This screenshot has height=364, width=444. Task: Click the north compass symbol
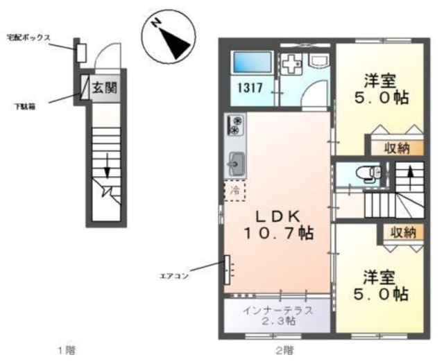[171, 40]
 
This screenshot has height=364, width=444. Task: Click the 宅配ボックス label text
[28, 37]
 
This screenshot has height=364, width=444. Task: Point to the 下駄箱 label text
[26, 106]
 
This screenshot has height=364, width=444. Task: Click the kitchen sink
[234, 164]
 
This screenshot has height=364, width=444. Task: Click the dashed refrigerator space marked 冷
[234, 189]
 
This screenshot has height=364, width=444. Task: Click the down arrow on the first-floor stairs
[108, 165]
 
